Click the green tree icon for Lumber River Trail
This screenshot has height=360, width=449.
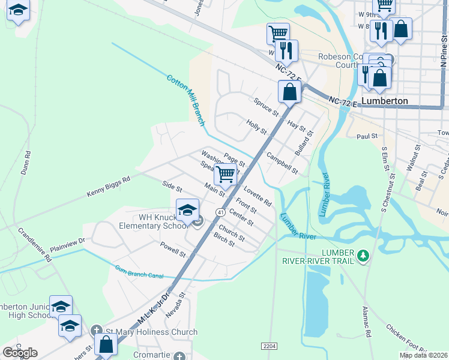coord(362,257)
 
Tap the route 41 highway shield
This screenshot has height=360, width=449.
coord(220,212)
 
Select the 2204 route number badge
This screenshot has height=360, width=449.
coord(270,346)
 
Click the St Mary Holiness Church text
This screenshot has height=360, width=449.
coord(151,332)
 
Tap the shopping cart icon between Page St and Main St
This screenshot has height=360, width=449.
coord(225,175)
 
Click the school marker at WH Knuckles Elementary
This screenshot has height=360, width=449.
coord(188,210)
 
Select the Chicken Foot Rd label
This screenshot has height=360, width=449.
coord(409,339)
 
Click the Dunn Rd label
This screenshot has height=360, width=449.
coord(26,162)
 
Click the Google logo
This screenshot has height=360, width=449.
coord(20,353)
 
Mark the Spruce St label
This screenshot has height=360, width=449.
coord(267,108)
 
